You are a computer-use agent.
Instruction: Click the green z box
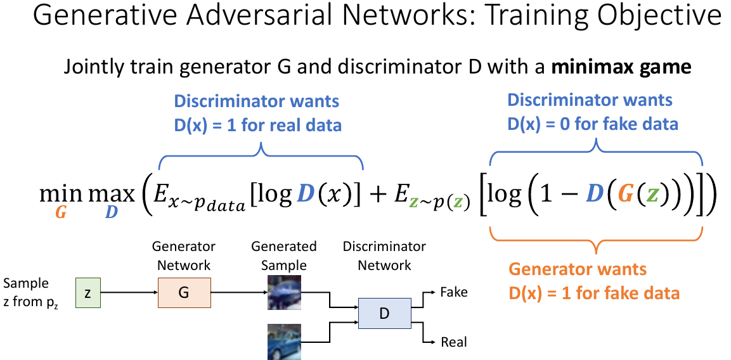pyautogui.click(x=88, y=292)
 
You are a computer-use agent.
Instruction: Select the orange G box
pyautogui.click(x=184, y=292)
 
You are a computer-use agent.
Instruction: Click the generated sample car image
pyautogui.click(x=283, y=292)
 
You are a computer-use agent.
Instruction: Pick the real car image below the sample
pyautogui.click(x=283, y=340)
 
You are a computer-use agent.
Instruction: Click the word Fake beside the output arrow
pyautogui.click(x=453, y=292)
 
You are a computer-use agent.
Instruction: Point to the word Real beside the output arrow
pyautogui.click(x=453, y=342)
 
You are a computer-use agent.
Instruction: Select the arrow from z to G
pyautogui.click(x=129, y=292)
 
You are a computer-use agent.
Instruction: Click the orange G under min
pyautogui.click(x=61, y=213)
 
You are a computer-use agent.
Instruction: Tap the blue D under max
pyautogui.click(x=112, y=213)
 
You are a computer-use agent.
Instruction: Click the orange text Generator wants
pyautogui.click(x=578, y=269)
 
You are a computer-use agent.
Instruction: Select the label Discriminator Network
pyautogui.click(x=384, y=255)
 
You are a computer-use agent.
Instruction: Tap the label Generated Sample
pyautogui.click(x=283, y=255)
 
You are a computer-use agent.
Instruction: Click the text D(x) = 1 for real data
pyautogui.click(x=257, y=124)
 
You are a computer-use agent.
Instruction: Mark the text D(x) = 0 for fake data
pyautogui.click(x=594, y=123)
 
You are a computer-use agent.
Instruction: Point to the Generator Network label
pyautogui.click(x=184, y=255)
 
